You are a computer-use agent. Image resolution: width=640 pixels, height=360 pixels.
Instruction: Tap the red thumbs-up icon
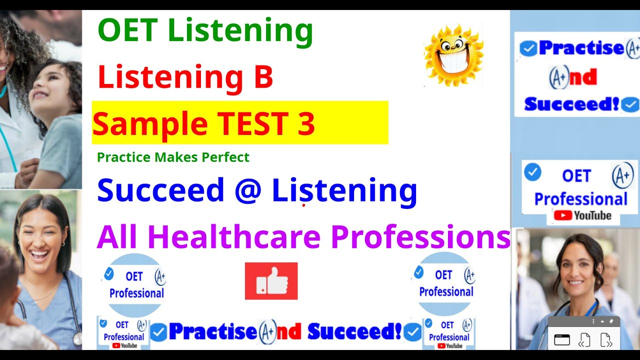point(271,281)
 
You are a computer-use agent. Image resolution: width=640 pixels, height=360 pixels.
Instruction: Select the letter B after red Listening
point(263,77)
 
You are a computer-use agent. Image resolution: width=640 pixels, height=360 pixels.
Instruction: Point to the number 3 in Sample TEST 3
point(305,123)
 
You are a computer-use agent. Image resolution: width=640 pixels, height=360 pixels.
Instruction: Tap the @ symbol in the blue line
point(248,191)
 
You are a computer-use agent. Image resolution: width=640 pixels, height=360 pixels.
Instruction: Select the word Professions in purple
point(420,237)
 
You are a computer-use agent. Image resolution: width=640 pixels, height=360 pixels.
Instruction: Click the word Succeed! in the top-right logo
point(571,104)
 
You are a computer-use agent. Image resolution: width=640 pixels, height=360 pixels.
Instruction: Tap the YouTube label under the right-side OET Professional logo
point(582,216)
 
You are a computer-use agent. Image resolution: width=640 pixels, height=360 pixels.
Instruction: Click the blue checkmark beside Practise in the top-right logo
point(528,48)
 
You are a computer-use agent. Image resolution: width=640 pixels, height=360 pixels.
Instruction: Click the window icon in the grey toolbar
point(562,340)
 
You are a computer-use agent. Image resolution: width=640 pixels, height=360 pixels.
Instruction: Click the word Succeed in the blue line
point(160,191)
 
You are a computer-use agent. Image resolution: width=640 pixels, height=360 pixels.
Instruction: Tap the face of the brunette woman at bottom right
point(577,265)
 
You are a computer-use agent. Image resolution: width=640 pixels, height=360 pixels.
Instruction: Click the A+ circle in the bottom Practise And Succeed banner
point(267,332)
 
